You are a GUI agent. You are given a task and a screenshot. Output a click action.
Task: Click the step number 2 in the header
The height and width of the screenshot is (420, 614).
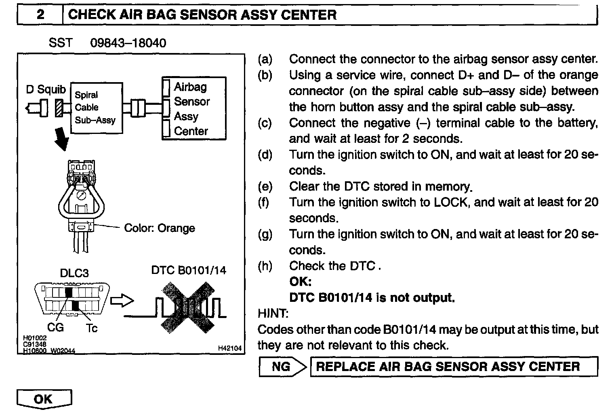pos(40,15)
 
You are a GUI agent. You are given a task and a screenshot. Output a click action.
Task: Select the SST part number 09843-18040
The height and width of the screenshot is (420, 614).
pos(128,43)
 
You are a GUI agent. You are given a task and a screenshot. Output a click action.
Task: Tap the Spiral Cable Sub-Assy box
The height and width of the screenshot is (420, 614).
pos(96,108)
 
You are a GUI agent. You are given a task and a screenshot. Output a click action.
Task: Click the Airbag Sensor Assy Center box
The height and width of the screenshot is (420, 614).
pos(194,108)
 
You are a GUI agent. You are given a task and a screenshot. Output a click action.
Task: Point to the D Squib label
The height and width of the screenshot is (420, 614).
pos(46,89)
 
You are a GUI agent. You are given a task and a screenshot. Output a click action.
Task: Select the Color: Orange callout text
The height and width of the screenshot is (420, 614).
pos(159,228)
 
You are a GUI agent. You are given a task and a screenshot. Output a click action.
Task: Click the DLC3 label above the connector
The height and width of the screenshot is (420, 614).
pos(74,273)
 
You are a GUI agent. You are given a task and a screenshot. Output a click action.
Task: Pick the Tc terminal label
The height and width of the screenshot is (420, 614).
pos(91,328)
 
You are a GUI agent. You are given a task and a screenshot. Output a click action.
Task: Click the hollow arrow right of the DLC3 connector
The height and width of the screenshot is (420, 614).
pos(122,301)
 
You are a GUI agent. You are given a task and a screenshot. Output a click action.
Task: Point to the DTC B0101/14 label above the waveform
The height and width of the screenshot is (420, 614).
pos(189,270)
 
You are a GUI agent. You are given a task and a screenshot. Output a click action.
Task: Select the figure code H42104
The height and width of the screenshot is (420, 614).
pos(229,348)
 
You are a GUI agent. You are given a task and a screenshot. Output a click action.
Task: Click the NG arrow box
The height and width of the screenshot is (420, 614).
pos(283,367)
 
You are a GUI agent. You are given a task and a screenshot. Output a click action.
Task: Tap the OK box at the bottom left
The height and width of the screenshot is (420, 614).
pos(44,399)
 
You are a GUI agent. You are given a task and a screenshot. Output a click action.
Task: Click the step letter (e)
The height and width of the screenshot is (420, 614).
pos(265,187)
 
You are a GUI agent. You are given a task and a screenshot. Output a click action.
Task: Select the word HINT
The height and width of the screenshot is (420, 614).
pos(273,313)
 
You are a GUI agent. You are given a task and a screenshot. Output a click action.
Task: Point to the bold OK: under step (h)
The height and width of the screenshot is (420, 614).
pos(301,282)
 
